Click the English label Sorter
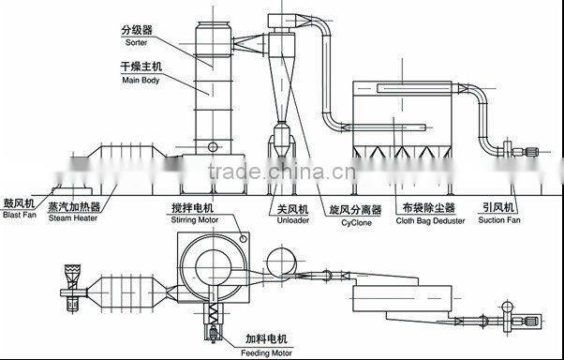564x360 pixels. [x=136, y=43]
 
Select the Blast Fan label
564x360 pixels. [x=18, y=215]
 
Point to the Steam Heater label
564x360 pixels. [x=74, y=215]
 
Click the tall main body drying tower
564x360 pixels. [x=209, y=89]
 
